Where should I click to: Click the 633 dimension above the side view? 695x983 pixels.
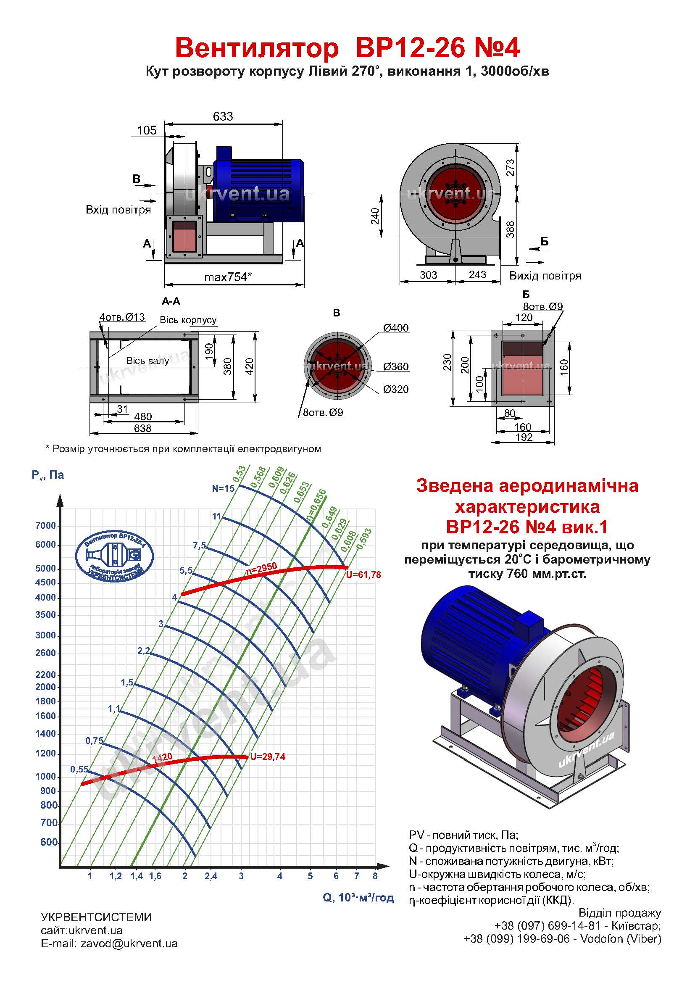coord(223,116)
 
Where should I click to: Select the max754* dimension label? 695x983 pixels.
coord(228,277)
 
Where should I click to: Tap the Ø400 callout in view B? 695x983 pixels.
coord(396,328)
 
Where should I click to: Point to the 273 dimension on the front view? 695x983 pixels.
coord(510,168)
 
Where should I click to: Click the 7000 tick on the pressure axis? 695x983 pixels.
coord(46,526)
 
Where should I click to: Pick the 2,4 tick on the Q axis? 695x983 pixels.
coord(211,876)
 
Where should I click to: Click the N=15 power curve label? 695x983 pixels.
coord(224,488)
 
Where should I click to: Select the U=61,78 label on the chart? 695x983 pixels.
coord(363,575)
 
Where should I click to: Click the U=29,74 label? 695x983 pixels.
coord(268,757)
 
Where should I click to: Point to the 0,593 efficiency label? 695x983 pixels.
coord(364,540)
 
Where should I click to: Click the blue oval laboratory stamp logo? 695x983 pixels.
coord(114,556)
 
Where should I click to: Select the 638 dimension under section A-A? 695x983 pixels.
coord(142,428)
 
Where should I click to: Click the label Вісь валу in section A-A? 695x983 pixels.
coord(147,361)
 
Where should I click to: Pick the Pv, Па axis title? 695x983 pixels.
coord(47,475)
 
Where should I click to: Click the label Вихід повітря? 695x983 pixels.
coord(545,275)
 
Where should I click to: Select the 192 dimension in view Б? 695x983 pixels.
coord(524,437)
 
